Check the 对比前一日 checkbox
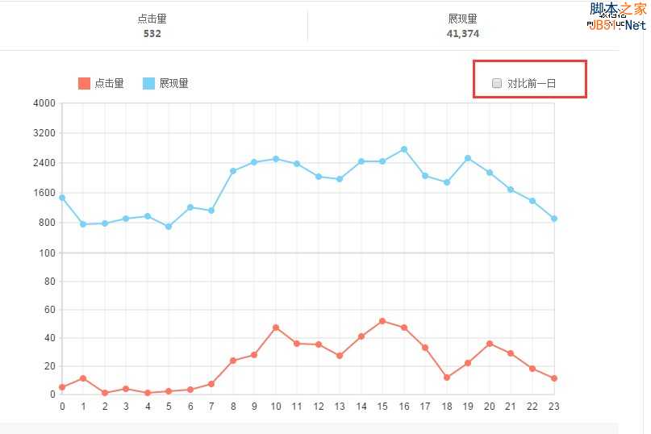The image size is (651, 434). coord(497,83)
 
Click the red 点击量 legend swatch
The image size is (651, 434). coord(84,83)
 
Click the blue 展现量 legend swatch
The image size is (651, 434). coord(148,83)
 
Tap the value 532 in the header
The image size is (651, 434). coord(152,34)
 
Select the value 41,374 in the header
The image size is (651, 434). coord(462,34)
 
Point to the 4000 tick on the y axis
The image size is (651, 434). coord(44,103)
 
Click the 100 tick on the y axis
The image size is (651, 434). coord(47,253)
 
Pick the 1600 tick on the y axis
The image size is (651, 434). coord(44,193)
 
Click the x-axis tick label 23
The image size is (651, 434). coord(553,406)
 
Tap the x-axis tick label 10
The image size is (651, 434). coord(276,406)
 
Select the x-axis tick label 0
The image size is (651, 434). coord(62,406)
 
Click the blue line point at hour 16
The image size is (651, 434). coord(404,149)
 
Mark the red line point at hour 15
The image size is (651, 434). coord(382,321)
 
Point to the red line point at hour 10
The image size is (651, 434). coord(276,328)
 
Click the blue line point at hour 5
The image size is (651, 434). coord(169,227)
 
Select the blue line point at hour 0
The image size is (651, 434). coord(62,197)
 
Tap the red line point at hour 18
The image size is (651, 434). coord(447,378)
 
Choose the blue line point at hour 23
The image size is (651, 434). coord(554,219)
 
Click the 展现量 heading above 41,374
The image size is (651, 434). coord(462,19)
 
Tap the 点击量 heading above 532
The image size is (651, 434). coord(152,19)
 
